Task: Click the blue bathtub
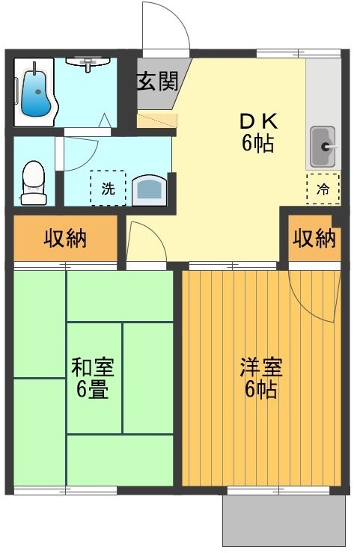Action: click(34, 93)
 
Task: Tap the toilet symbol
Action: click(34, 182)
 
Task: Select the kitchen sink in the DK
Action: click(323, 147)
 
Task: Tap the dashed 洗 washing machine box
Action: click(108, 189)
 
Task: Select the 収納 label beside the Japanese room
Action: click(64, 239)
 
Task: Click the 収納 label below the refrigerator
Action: click(314, 239)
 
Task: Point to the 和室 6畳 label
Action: click(92, 379)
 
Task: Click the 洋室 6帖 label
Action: click(260, 379)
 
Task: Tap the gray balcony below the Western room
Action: click(284, 522)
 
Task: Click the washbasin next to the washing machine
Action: click(151, 190)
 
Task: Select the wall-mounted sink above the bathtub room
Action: click(88, 63)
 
